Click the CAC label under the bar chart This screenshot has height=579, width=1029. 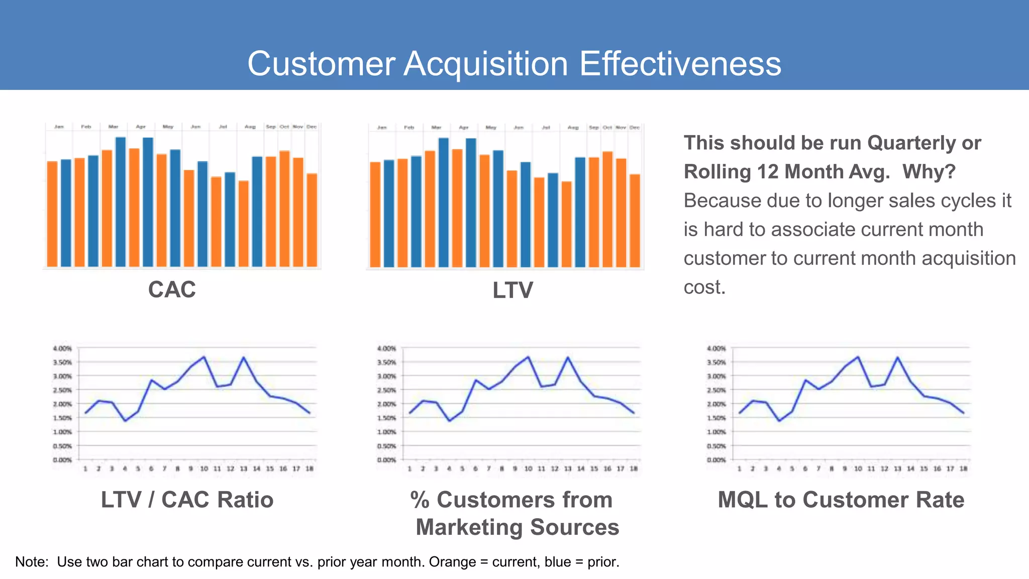click(172, 289)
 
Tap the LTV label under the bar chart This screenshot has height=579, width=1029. click(512, 291)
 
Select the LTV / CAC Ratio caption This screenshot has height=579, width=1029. click(187, 500)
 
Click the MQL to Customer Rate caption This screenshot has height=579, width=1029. click(841, 500)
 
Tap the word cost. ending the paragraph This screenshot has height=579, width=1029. click(704, 287)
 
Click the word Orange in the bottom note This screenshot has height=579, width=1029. click(452, 561)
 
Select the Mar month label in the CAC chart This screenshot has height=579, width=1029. click(114, 127)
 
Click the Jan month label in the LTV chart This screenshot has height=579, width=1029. click(382, 128)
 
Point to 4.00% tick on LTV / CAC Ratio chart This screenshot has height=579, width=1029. click(62, 348)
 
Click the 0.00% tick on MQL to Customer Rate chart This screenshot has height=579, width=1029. click(716, 460)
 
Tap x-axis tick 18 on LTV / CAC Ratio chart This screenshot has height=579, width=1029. click(310, 468)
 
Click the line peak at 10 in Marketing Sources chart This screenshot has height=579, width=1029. click(528, 357)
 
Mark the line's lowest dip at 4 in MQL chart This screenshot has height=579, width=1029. click(779, 421)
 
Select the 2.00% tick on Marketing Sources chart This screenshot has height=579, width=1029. click(386, 404)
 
